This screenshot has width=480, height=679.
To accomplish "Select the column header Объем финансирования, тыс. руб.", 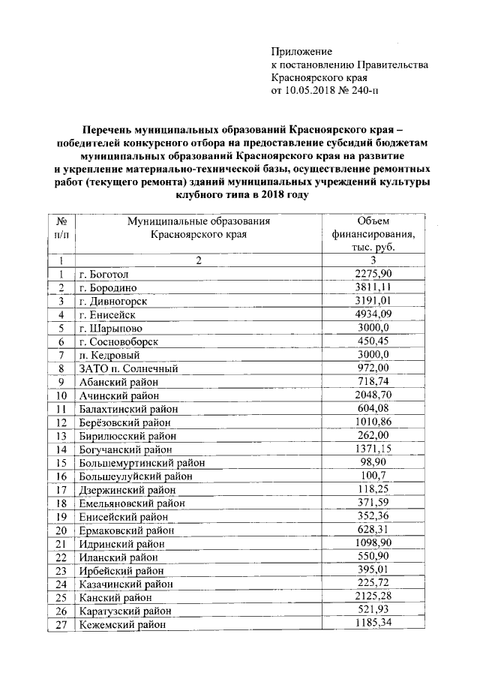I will pos(373,233).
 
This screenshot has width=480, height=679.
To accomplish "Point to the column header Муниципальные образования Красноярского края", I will pos(198,227).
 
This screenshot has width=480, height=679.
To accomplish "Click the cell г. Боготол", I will pos(108,275).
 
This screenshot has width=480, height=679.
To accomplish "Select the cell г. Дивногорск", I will pos(113,302).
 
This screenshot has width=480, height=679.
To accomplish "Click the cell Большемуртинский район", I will pos(141,463).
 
